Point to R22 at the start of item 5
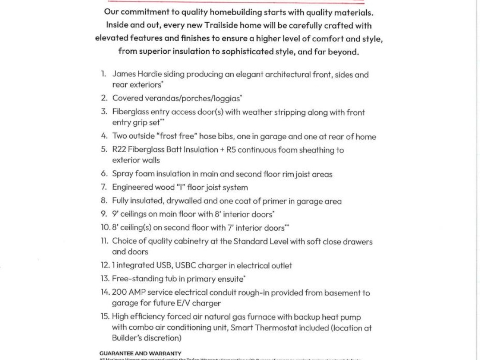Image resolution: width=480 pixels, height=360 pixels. pos(119,150)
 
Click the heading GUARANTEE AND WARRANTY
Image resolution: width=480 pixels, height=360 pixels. pos(140,353)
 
